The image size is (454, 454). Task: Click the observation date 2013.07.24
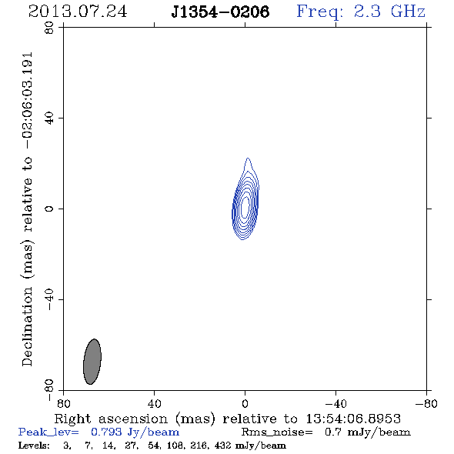pos(78,12)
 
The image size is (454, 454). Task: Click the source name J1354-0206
pos(220,12)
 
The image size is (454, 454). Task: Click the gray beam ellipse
pos(92,362)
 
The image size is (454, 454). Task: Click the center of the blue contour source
pos(245,207)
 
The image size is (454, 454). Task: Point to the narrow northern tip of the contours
pos(248,158)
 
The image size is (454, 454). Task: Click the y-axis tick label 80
pos(49,28)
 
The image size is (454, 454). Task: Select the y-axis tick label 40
pos(49,119)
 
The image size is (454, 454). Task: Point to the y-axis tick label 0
pos(49,209)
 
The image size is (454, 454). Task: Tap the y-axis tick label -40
pos(49,299)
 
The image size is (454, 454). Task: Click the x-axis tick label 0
pos(245,404)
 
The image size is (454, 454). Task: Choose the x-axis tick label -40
pos(335,404)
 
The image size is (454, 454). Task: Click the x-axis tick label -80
pos(426,404)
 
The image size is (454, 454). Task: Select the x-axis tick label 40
pos(154,404)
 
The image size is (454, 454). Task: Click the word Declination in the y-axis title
pos(27,326)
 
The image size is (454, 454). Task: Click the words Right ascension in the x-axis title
pos(111,419)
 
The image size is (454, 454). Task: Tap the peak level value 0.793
pos(106,432)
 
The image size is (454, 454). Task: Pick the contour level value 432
pos(223,445)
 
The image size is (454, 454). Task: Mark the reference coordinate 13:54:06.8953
pos(353,419)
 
